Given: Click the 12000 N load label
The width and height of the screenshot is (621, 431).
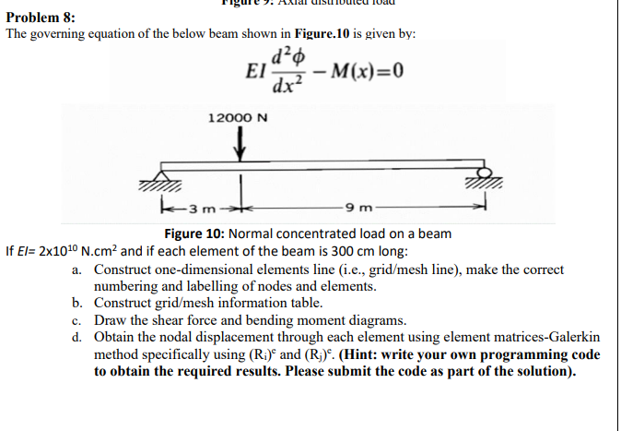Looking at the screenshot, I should [x=239, y=118].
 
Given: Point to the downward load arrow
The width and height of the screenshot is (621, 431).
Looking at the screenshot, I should [x=241, y=144].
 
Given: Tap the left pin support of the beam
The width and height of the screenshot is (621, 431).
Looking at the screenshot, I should [x=163, y=178].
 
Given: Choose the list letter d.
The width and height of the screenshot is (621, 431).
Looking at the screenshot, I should [x=76, y=338].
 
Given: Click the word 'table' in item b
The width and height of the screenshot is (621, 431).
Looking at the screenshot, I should [x=303, y=303].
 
